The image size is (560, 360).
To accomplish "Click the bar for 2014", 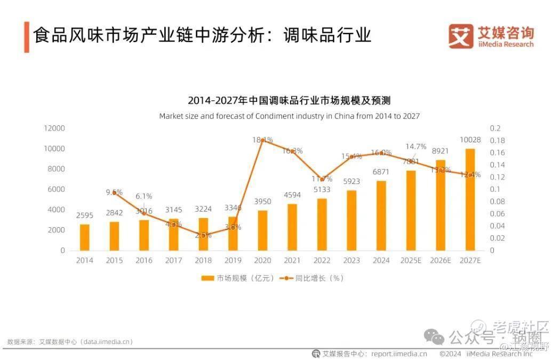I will pos(84,237).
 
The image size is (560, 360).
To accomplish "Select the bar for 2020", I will pos(263,230).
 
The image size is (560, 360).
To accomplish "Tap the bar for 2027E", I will pos(470,199).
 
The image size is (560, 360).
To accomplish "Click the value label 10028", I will pos(470,140).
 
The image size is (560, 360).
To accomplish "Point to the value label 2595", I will pos(84,215).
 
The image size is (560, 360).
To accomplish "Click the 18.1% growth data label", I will pos(262,140).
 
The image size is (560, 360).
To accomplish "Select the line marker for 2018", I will pos(203,235).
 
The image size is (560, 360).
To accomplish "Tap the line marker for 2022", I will pos(322,179).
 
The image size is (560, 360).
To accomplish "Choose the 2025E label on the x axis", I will pos(411,261).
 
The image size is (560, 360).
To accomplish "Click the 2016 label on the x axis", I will pos(143,261).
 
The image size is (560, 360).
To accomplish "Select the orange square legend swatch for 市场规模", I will pos(207,278).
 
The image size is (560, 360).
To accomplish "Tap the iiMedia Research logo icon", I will pos(461,36).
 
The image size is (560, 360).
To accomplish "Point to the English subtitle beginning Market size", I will pos(289,116).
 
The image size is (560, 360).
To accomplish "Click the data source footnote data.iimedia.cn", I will pos(70,342).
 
